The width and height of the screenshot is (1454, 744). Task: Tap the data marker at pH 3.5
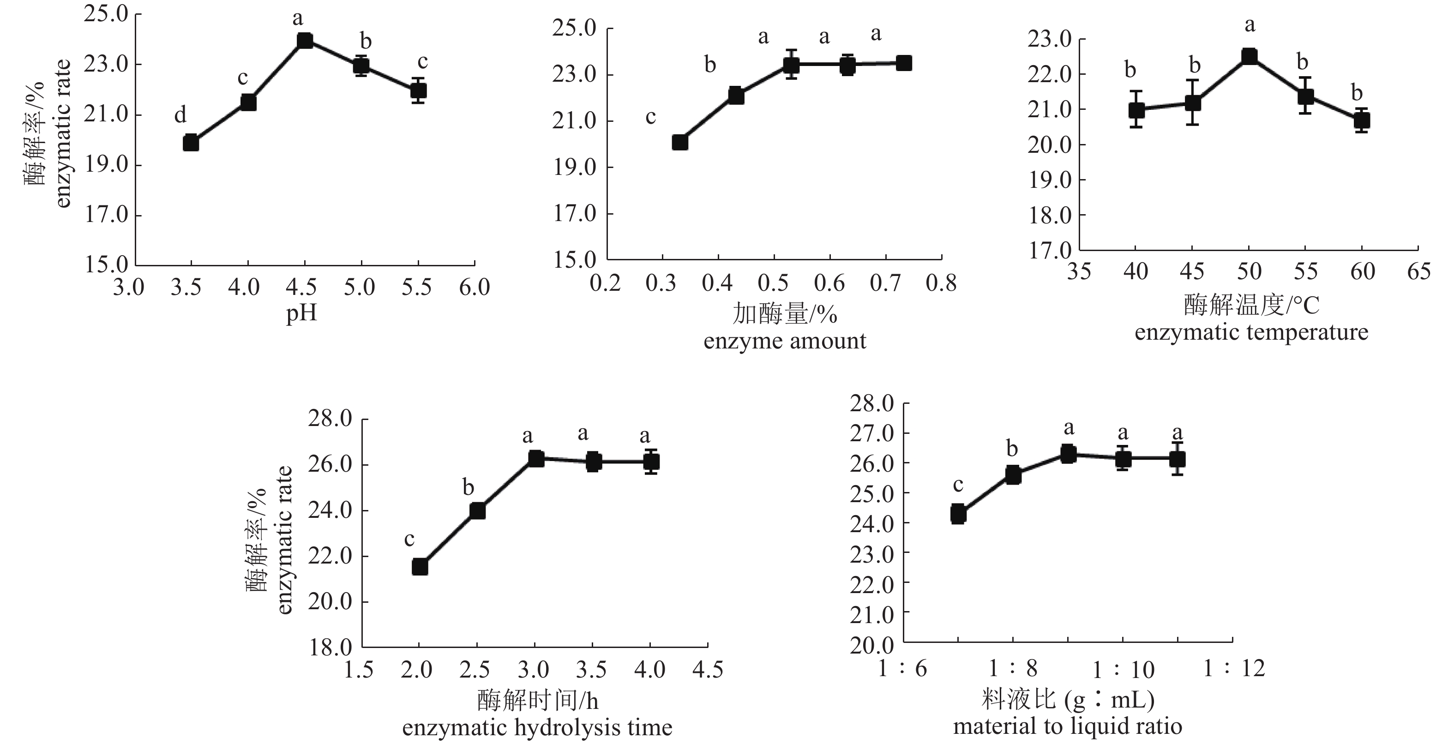coord(191,143)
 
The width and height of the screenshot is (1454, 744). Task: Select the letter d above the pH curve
coord(180,116)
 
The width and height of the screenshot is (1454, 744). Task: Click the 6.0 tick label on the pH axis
coord(474,288)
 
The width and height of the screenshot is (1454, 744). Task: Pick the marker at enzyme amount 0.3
coord(680,142)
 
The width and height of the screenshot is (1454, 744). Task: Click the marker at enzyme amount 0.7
coord(904,63)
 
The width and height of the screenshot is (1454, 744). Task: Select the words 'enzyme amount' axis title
coord(785,341)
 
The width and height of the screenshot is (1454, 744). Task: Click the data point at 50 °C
coord(1249,56)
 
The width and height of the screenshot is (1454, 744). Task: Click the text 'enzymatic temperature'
coord(1251,332)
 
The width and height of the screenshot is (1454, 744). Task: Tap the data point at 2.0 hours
coord(420,567)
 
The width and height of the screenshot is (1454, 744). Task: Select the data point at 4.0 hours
coord(651,462)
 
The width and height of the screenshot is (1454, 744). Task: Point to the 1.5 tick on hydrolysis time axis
coord(359,670)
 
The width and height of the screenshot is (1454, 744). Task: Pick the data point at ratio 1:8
coord(1013,475)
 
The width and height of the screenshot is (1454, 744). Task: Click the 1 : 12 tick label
coord(1234,669)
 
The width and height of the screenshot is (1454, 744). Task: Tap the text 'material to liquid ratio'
coord(1067,726)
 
